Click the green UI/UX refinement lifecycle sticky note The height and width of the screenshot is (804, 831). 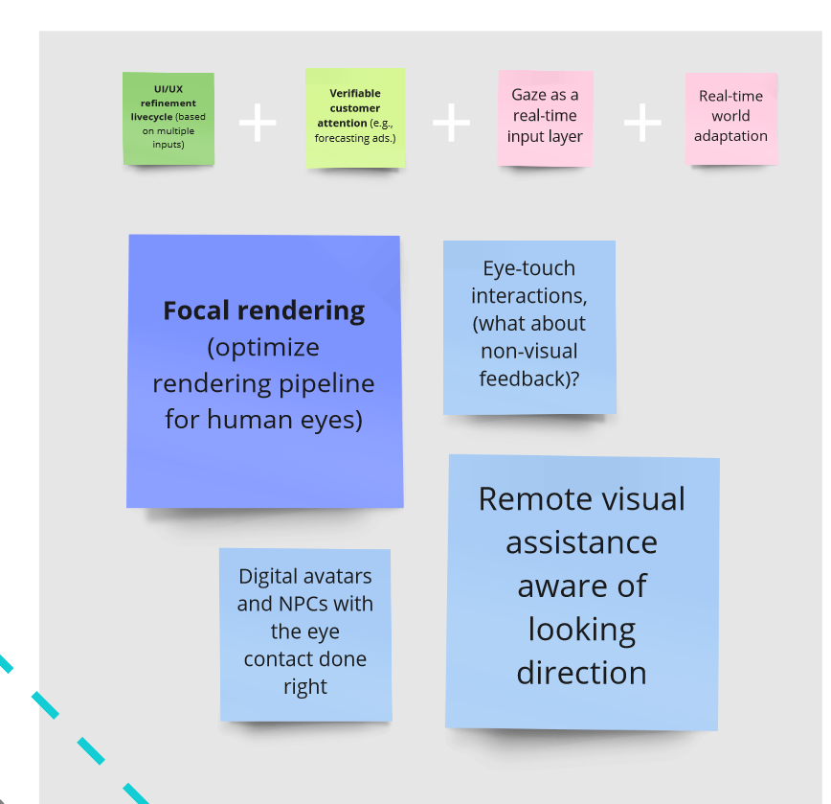pyautogui.click(x=168, y=119)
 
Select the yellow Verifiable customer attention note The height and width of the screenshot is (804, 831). pyautogui.click(x=355, y=118)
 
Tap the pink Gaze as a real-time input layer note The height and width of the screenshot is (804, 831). pyautogui.click(x=545, y=118)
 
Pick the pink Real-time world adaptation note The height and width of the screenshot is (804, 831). pyautogui.click(x=730, y=118)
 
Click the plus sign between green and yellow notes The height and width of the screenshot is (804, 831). pyautogui.click(x=258, y=124)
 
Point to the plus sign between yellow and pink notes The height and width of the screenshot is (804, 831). pyautogui.click(x=451, y=123)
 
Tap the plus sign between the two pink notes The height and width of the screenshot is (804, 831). pyautogui.click(x=642, y=123)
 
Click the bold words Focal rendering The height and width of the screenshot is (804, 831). pyautogui.click(x=263, y=310)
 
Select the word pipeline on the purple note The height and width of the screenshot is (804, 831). pyautogui.click(x=327, y=383)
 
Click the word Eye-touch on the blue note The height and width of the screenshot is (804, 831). pyautogui.click(x=528, y=269)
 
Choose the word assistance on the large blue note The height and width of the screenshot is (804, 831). pyautogui.click(x=581, y=542)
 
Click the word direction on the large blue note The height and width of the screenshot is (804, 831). pyautogui.click(x=581, y=673)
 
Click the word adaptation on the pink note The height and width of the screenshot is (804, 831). pyautogui.click(x=730, y=136)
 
